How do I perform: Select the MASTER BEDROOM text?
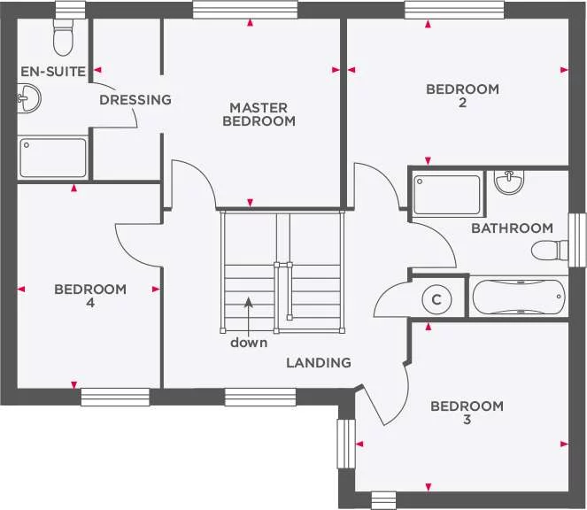tap(259, 114)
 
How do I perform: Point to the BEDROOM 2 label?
tap(462, 96)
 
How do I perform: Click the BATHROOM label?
tap(512, 228)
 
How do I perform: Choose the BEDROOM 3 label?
tap(467, 413)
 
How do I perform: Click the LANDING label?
tap(319, 363)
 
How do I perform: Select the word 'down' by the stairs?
tap(249, 343)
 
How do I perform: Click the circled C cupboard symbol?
tap(436, 299)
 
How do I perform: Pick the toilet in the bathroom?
tap(549, 251)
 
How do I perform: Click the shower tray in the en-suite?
tap(53, 157)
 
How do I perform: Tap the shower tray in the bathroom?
tap(447, 194)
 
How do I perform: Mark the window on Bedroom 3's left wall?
tap(344, 444)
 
